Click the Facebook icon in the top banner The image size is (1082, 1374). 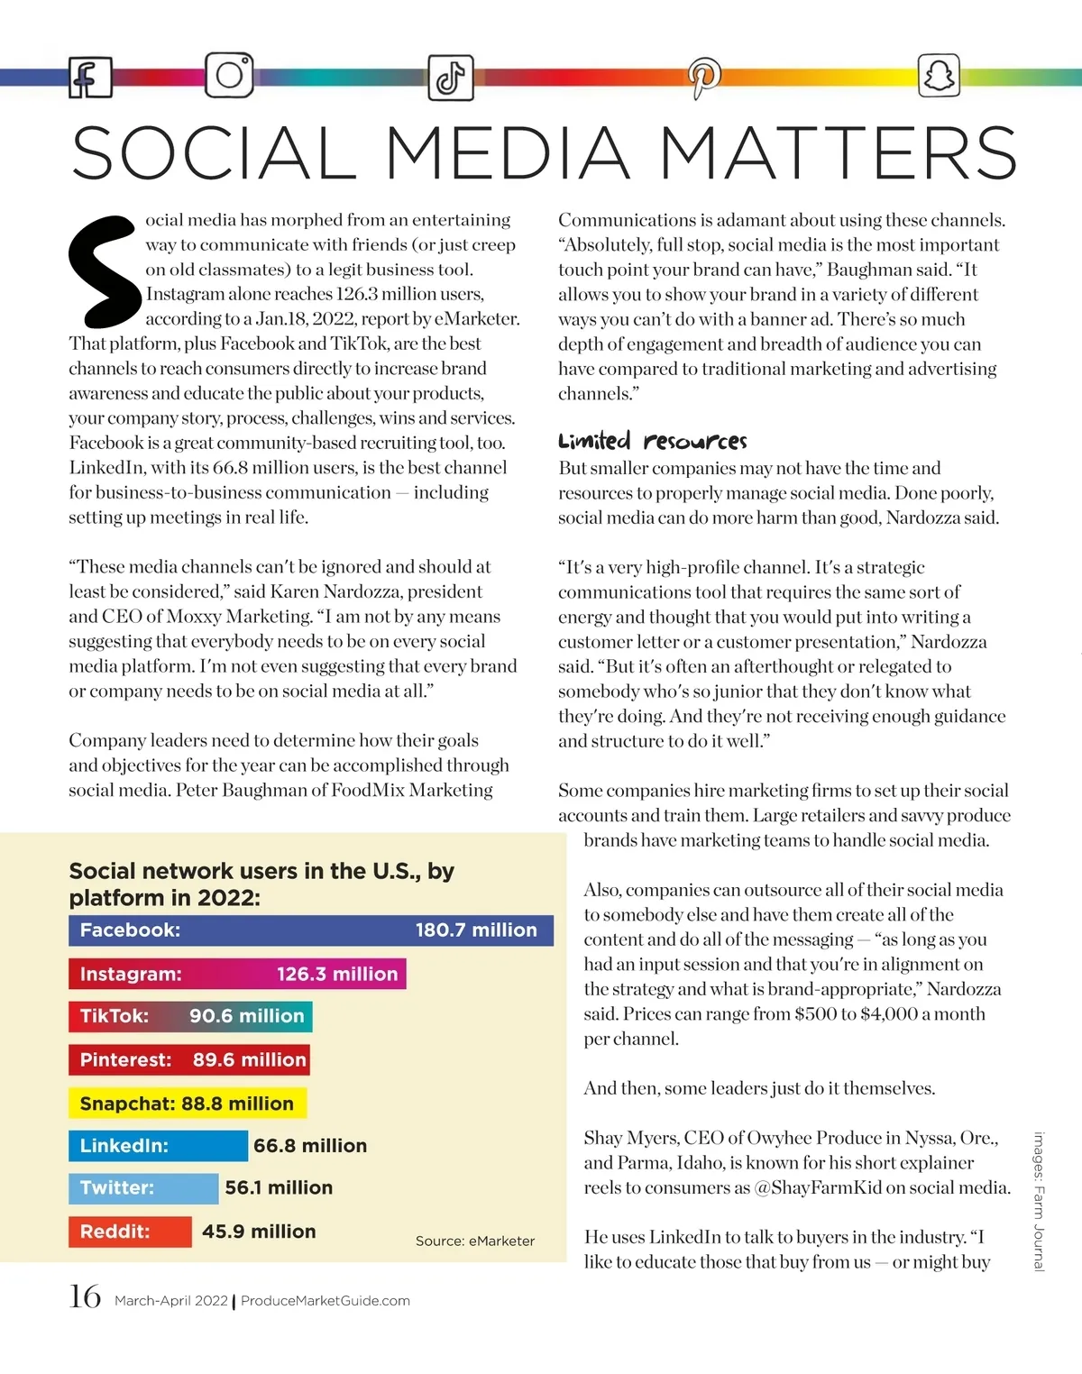90,78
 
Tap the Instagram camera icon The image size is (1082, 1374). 229,75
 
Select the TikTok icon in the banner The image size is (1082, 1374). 450,78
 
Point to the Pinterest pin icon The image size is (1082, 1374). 703,77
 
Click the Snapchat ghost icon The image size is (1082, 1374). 938,75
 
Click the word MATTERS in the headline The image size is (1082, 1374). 839,153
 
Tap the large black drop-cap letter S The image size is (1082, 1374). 105,270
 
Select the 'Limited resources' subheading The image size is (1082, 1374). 652,441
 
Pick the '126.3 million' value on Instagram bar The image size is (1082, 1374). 337,974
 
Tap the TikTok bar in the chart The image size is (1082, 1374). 190,1016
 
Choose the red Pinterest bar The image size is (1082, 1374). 189,1059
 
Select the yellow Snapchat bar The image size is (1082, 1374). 187,1104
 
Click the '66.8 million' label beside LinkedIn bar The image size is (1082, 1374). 310,1146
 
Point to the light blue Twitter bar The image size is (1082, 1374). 143,1188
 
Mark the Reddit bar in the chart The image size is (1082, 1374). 130,1232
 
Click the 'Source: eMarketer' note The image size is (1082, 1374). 474,1241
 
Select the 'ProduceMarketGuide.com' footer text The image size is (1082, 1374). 325,1301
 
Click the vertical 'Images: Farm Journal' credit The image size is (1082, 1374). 1039,1201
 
